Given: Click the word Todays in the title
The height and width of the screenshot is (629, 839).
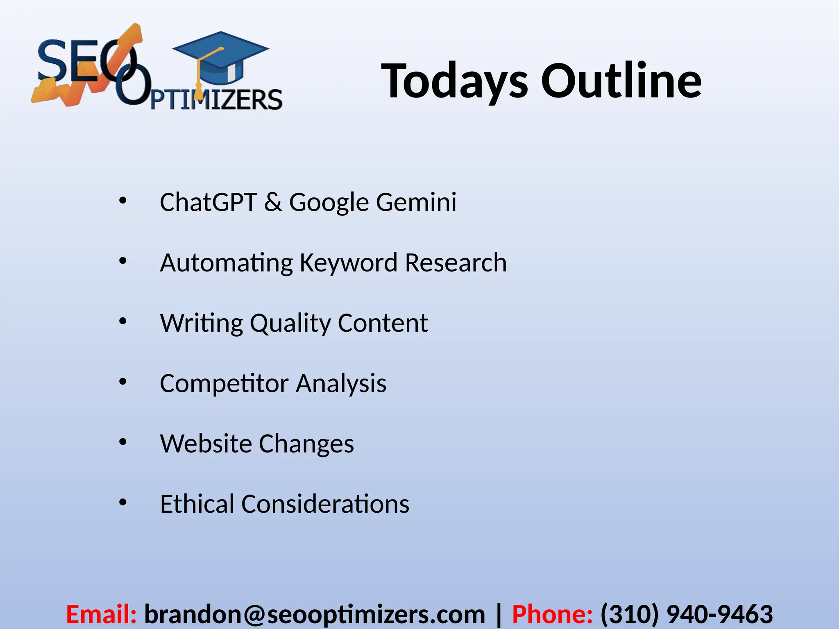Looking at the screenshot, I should [455, 81].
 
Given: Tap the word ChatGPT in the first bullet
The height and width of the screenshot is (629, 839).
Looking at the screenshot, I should [208, 202].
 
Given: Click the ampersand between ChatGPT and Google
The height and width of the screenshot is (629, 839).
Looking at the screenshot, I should [273, 202].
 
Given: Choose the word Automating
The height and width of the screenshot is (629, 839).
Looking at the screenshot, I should [226, 263].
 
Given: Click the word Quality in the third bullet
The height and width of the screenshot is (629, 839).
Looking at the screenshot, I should [290, 324].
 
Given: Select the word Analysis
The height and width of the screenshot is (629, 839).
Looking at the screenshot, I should [341, 384].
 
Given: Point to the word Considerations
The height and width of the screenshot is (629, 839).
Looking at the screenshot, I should [325, 504].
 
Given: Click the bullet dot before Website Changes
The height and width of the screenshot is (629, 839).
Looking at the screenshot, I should [123, 442].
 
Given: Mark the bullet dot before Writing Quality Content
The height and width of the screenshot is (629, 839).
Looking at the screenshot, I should [123, 321].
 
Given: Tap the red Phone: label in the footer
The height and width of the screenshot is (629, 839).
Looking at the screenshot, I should [552, 615].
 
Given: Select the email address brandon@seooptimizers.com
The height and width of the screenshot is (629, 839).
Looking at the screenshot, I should [315, 615].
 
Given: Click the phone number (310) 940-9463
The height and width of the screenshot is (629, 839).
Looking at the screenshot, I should [687, 615].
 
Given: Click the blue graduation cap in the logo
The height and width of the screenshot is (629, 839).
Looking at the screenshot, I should [221, 57].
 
